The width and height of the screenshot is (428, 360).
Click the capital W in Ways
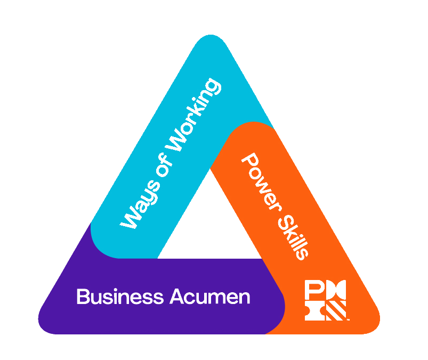[x=129, y=220]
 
